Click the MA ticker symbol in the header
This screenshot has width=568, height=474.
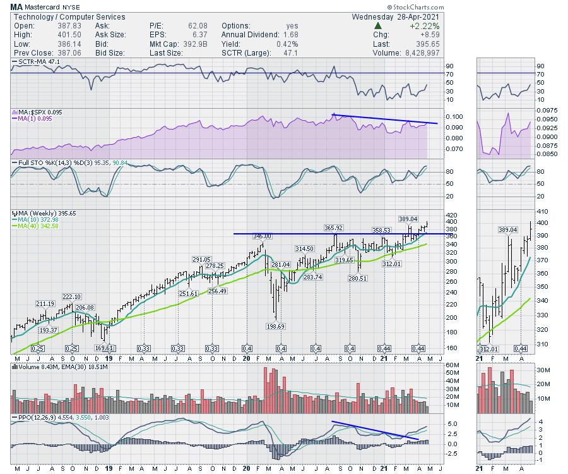click(x=17, y=7)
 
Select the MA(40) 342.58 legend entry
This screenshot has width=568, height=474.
click(x=39, y=225)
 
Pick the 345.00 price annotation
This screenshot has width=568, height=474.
click(x=262, y=236)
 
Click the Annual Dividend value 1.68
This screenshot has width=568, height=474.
click(x=288, y=35)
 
